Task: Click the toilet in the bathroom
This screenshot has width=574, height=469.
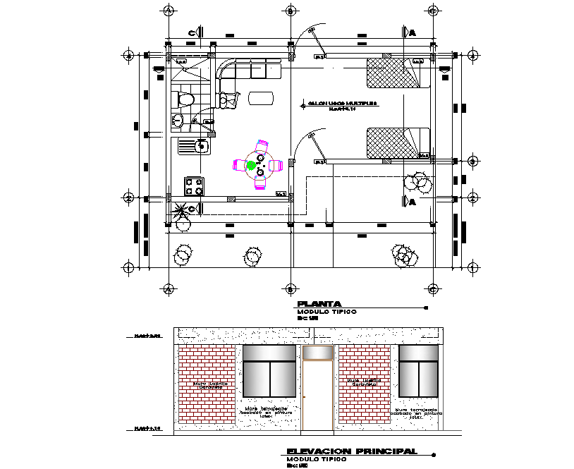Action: pyautogui.click(x=185, y=99)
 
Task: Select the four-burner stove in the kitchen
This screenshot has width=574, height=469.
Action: pyautogui.click(x=194, y=186)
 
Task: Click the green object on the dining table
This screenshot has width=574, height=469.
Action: pyautogui.click(x=250, y=166)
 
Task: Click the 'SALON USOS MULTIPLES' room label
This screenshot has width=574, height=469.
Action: pyautogui.click(x=341, y=104)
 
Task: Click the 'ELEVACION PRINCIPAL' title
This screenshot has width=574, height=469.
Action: pyautogui.click(x=351, y=451)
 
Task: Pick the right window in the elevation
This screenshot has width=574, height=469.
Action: pyautogui.click(x=418, y=371)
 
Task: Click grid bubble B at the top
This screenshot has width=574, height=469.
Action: pyautogui.click(x=291, y=11)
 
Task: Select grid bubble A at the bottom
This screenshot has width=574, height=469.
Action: pyautogui.click(x=168, y=288)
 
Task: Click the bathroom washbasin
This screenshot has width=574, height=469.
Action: pyautogui.click(x=178, y=121)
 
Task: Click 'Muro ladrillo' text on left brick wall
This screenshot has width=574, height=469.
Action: pyautogui.click(x=204, y=384)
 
